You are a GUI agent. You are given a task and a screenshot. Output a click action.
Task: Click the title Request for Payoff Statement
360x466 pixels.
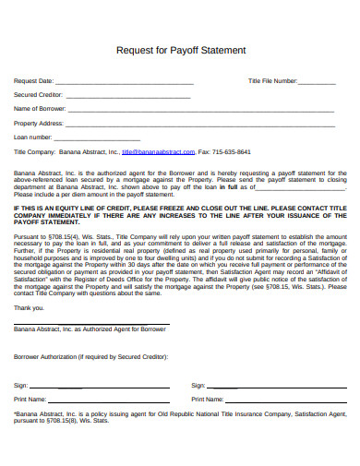point(180,51)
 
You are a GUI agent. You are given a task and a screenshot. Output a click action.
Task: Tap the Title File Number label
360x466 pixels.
point(273,81)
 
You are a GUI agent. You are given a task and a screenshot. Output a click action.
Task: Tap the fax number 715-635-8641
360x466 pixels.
point(231,150)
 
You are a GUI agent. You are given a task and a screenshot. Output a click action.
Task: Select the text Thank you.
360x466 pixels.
point(29,307)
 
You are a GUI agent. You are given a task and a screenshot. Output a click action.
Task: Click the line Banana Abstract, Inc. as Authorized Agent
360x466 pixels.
point(90,329)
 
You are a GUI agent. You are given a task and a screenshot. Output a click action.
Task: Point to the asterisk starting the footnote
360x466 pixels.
point(15,413)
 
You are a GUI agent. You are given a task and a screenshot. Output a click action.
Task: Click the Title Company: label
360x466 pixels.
point(34,150)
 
